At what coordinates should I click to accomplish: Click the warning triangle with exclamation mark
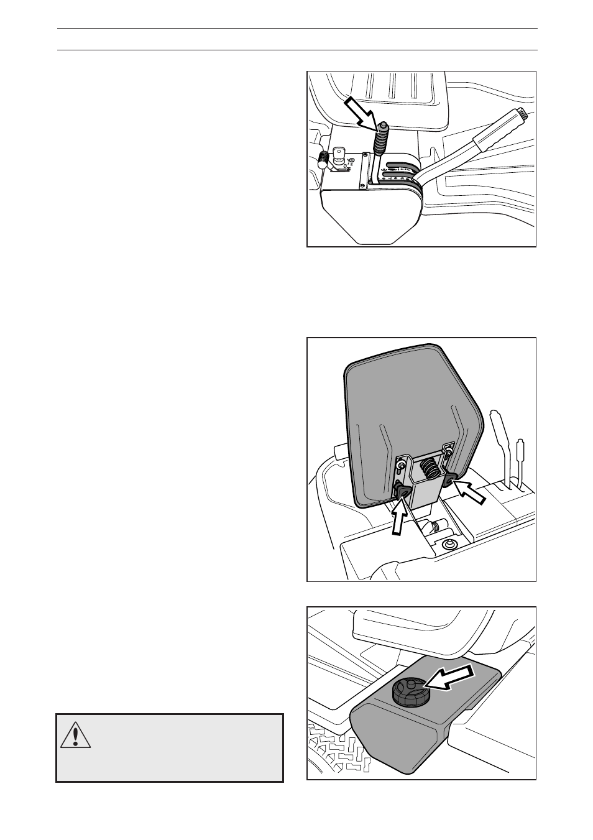pos(76,734)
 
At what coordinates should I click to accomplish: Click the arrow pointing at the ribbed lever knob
pos(359,110)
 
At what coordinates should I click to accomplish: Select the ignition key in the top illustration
pos(339,155)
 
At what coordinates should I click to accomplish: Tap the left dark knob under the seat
pos(402,492)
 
